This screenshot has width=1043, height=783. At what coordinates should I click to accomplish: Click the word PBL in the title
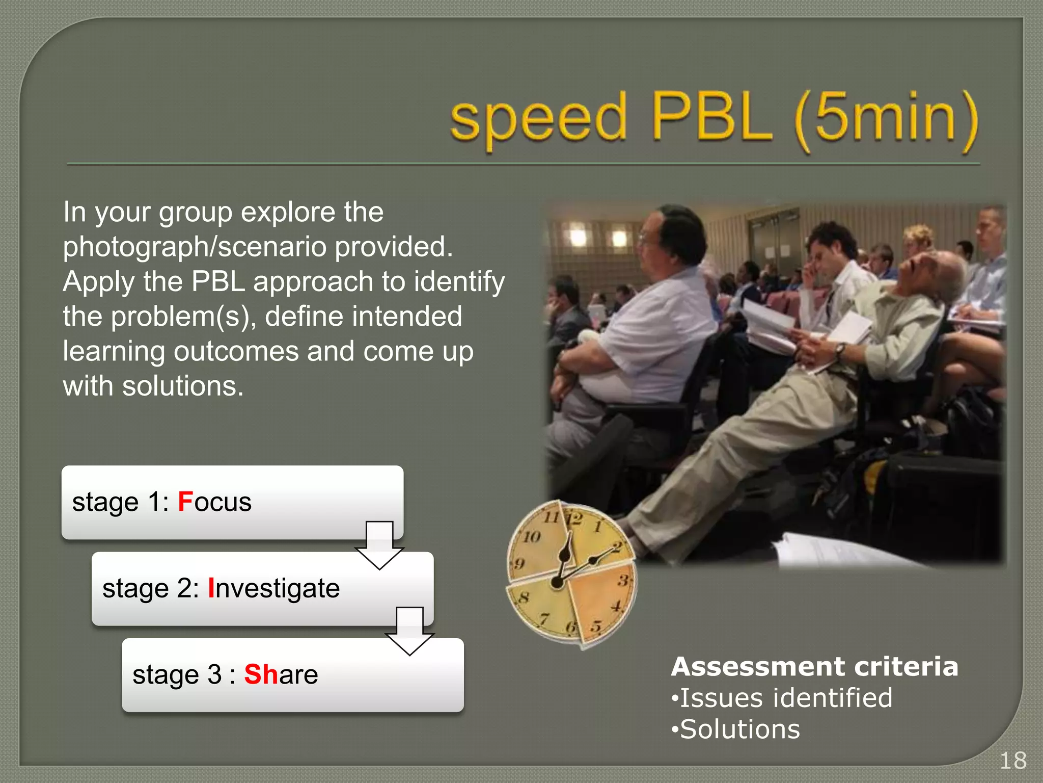tap(711, 118)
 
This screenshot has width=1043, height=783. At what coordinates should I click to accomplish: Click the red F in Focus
tap(185, 502)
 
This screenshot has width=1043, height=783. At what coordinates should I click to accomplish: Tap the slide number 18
tap(1013, 761)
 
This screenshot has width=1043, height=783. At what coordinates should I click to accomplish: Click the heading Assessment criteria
tap(814, 666)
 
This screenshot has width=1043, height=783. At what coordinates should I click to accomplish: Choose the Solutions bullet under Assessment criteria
tap(739, 729)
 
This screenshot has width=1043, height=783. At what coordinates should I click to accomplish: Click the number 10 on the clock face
tap(532, 536)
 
